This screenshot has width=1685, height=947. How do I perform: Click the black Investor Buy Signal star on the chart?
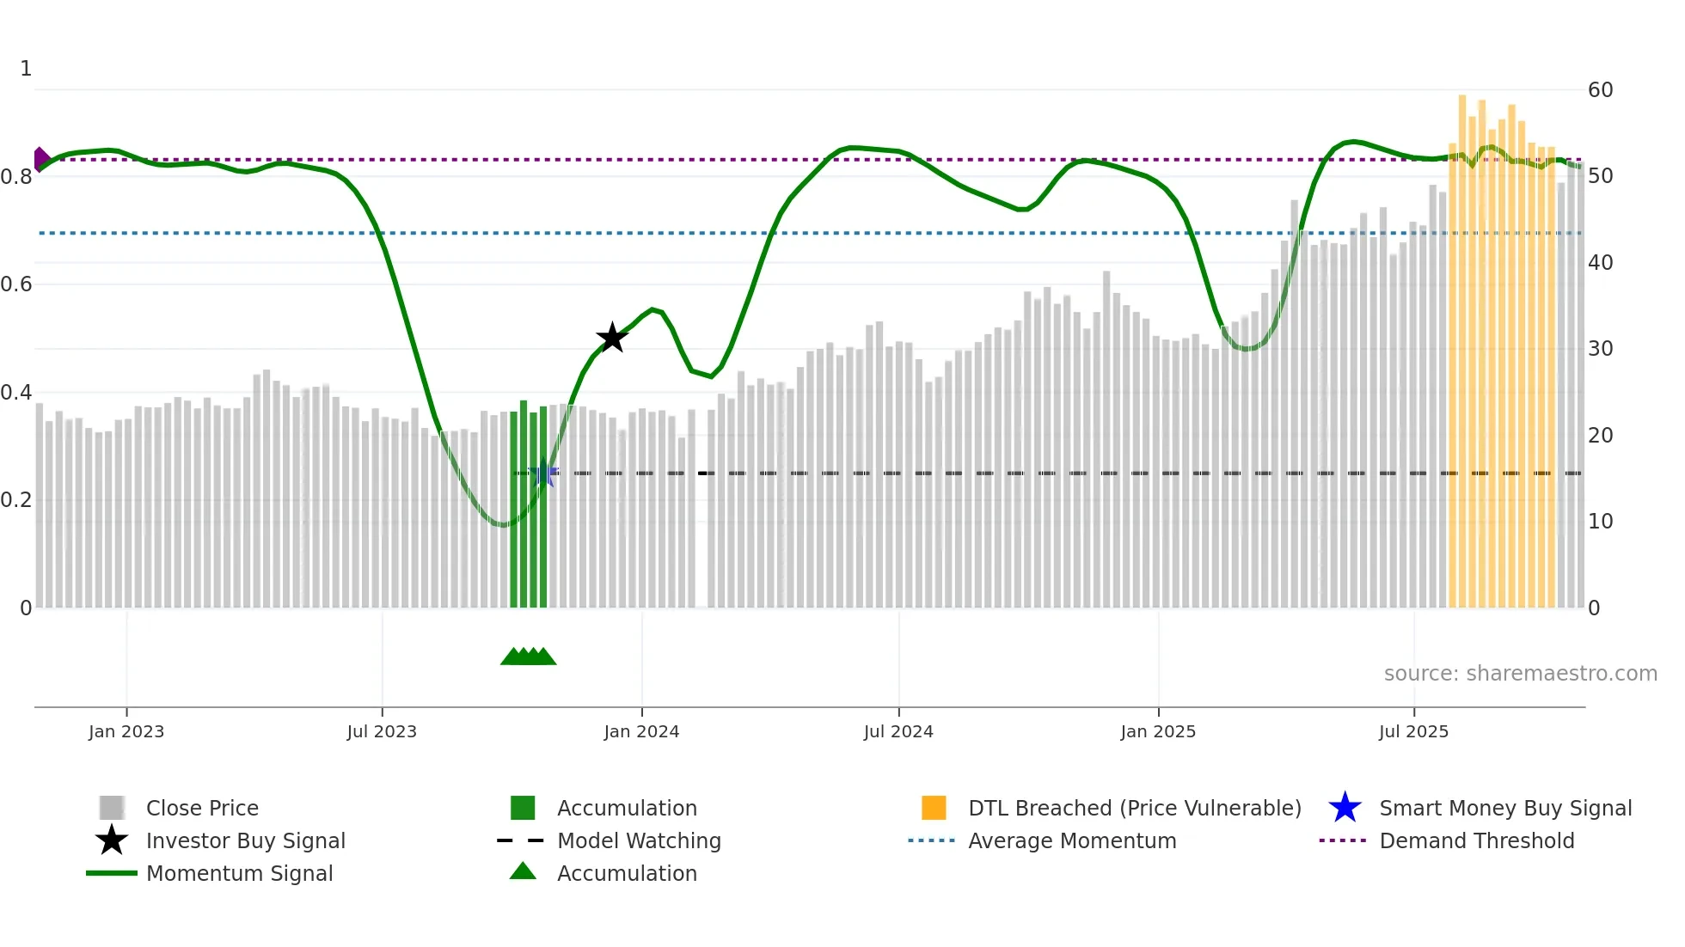[x=612, y=338]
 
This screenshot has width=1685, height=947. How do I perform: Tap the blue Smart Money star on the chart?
[x=543, y=473]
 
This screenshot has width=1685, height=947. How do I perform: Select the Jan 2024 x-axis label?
[x=641, y=731]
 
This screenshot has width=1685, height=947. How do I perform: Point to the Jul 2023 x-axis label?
[x=382, y=731]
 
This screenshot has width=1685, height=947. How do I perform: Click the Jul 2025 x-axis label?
[x=1413, y=731]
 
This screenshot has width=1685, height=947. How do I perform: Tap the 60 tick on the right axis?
[x=1600, y=90]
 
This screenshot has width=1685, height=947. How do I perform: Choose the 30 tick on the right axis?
[x=1600, y=349]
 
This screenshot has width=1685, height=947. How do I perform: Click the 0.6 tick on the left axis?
[x=17, y=284]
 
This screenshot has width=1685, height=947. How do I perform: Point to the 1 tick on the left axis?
[x=26, y=69]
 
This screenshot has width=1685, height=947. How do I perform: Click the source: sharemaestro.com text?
[x=1520, y=674]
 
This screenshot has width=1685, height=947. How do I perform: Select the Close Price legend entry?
[x=202, y=809]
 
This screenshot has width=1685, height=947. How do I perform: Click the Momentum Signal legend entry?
[x=239, y=874]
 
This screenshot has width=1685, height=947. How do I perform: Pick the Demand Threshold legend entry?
[x=1476, y=841]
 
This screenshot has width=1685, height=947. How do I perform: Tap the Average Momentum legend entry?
[x=1071, y=841]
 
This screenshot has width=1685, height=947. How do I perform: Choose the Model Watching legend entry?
[x=639, y=841]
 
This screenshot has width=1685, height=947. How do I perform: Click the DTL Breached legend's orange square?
[x=934, y=808]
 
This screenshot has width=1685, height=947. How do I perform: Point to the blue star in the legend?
[x=1345, y=808]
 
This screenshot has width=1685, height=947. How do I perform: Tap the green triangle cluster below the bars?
[x=528, y=657]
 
